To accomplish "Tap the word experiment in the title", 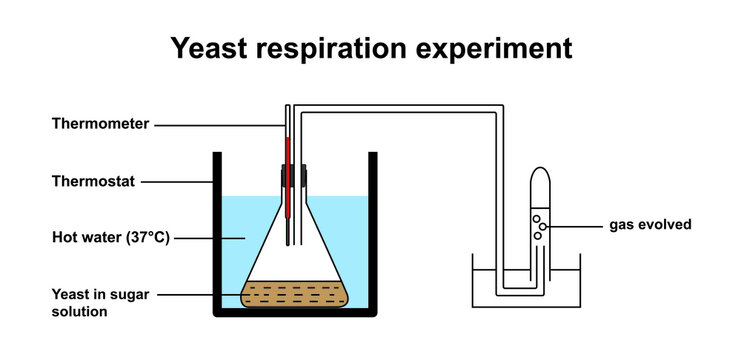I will [x=504, y=48].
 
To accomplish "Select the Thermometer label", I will [x=100, y=125].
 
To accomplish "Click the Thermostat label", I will [x=93, y=182].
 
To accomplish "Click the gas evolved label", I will [x=650, y=225].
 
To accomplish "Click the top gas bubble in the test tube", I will [x=537, y=218].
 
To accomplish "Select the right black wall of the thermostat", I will [x=373, y=230].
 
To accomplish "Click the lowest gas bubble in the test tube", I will [x=537, y=235].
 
